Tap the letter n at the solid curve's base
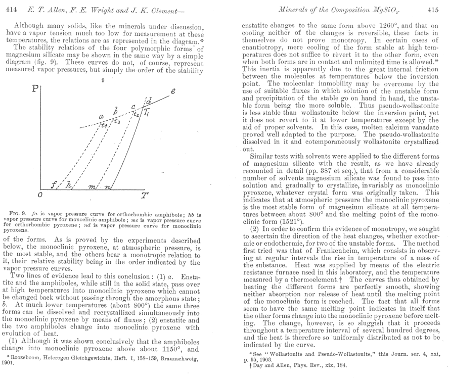click(x=107, y=185)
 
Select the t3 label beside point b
click(x=117, y=121)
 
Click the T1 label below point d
click(x=147, y=114)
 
